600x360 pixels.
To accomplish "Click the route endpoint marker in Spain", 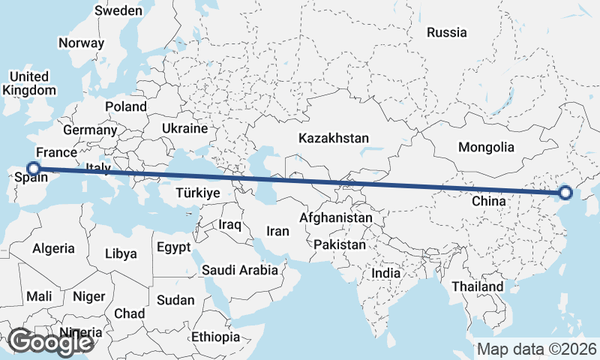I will pyautogui.click(x=33, y=169).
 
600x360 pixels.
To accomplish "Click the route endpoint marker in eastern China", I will pyautogui.click(x=565, y=193).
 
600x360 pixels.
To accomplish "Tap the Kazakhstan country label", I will pyautogui.click(x=334, y=139).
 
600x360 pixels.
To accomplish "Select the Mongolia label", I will pyautogui.click(x=486, y=147).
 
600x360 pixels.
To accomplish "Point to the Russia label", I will pyautogui.click(x=446, y=32).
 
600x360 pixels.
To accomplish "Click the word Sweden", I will pyautogui.click(x=118, y=10).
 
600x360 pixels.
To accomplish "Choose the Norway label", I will pyautogui.click(x=81, y=43).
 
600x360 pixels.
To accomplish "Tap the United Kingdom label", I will pyautogui.click(x=29, y=83).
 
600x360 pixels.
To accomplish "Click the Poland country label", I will pyautogui.click(x=126, y=106).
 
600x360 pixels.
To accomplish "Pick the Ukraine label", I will pyautogui.click(x=184, y=128).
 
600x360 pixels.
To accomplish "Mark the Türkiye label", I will pyautogui.click(x=197, y=193).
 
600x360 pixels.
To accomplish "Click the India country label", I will pyautogui.click(x=386, y=274).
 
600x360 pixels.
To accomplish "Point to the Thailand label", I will pyautogui.click(x=478, y=287).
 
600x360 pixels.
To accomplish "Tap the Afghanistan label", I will pyautogui.click(x=335, y=218).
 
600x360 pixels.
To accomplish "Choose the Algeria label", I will pyautogui.click(x=53, y=248).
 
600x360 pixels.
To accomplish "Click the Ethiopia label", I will pyautogui.click(x=215, y=337).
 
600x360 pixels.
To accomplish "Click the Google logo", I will pyautogui.click(x=50, y=343).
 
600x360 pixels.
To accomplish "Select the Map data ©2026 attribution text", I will pyautogui.click(x=536, y=349).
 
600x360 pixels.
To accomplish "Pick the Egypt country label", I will pyautogui.click(x=174, y=246).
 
